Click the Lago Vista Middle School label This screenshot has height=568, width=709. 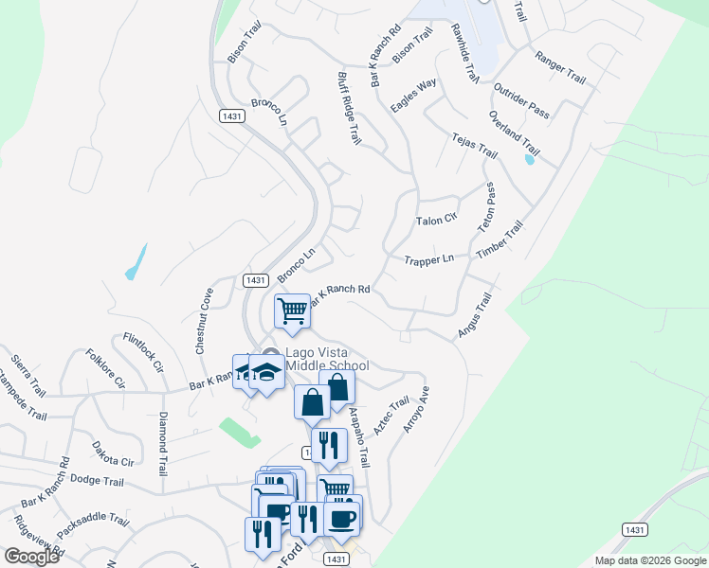(x=314, y=360)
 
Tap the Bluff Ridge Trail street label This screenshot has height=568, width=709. (x=350, y=107)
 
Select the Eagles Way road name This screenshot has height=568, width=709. (x=414, y=97)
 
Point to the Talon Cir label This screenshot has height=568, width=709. (x=436, y=221)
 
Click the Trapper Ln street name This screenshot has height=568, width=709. (x=428, y=260)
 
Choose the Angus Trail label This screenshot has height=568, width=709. (x=475, y=314)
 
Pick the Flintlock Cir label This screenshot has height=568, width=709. (x=144, y=352)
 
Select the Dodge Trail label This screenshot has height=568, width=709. (x=97, y=482)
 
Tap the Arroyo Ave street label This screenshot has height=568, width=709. (x=416, y=409)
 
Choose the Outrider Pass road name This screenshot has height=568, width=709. (x=521, y=100)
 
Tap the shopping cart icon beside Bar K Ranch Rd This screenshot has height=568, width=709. (x=293, y=310)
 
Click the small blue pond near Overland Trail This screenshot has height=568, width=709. (x=529, y=159)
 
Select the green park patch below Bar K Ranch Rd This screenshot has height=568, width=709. (x=239, y=432)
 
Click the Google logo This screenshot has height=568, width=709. (x=31, y=557)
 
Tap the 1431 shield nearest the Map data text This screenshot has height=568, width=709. (x=634, y=528)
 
